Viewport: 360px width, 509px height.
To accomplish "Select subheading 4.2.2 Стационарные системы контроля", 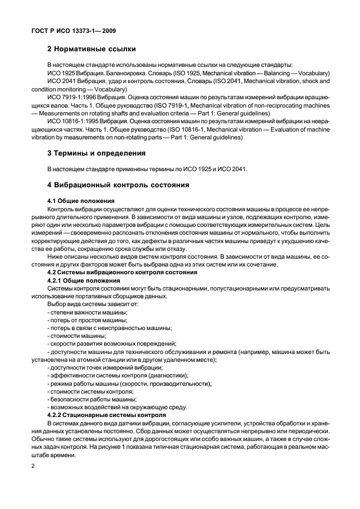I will (x=106, y=415).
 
